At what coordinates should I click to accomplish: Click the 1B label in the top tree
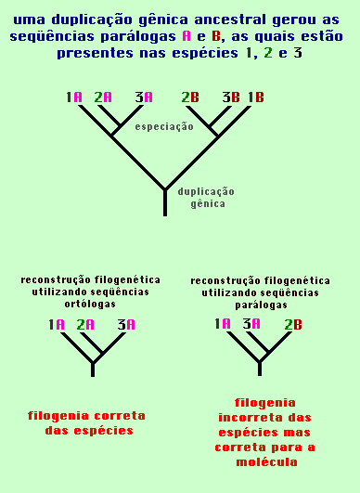(x=255, y=97)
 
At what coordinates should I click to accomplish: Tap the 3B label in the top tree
(x=229, y=97)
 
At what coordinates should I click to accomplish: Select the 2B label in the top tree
(x=189, y=97)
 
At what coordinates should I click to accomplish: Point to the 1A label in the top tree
(x=74, y=97)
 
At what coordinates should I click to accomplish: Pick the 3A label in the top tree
(x=143, y=97)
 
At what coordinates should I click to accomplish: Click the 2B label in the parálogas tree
(x=293, y=324)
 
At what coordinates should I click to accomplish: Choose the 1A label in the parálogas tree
(x=223, y=324)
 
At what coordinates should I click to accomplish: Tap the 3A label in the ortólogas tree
(x=126, y=325)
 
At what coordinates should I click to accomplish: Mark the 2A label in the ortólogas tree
(x=85, y=325)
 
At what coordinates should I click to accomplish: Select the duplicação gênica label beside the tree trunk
(x=205, y=197)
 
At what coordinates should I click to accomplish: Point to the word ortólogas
(x=92, y=303)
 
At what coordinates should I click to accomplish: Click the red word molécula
(x=264, y=461)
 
